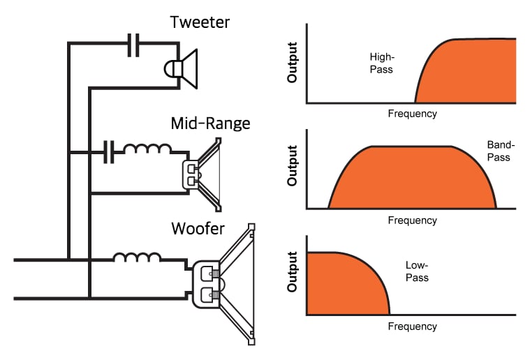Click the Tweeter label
[200, 22]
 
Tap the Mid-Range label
[210, 124]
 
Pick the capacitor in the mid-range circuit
[108, 151]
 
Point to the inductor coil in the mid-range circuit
[147, 149]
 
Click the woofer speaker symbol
[223, 284]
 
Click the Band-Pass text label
[499, 151]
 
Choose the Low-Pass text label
[417, 271]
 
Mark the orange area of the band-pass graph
[412, 178]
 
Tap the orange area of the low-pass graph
[342, 283]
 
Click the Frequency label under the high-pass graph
[412, 114]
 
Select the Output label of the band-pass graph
[293, 166]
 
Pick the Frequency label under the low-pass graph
[412, 327]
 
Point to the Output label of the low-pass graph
[293, 272]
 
